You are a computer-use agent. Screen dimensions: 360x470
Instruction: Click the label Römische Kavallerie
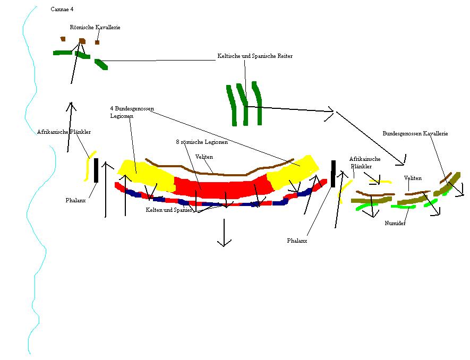tap(95, 27)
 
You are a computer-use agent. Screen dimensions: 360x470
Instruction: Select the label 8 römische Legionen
tap(202, 142)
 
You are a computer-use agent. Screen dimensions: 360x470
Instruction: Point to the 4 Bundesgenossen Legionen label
tap(132, 112)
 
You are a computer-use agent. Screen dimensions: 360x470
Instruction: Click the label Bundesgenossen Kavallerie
tap(415, 134)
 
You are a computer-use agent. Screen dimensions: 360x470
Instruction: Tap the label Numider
tap(395, 224)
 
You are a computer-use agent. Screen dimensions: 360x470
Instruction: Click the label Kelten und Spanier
tap(169, 210)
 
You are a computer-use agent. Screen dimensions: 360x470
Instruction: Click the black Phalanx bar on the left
tap(96, 170)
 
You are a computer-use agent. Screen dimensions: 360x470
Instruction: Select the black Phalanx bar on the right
tap(333, 173)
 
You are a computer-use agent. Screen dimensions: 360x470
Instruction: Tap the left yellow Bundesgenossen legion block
tap(144, 174)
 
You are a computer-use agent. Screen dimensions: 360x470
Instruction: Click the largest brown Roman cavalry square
tap(82, 41)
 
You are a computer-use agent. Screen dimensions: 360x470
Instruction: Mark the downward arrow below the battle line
tap(224, 234)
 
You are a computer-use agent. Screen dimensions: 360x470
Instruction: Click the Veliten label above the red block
tap(204, 157)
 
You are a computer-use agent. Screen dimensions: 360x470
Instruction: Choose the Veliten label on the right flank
tap(413, 178)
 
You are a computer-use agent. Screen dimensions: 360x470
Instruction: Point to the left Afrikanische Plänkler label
tap(64, 132)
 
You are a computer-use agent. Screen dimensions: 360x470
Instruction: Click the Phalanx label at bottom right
tap(297, 241)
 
